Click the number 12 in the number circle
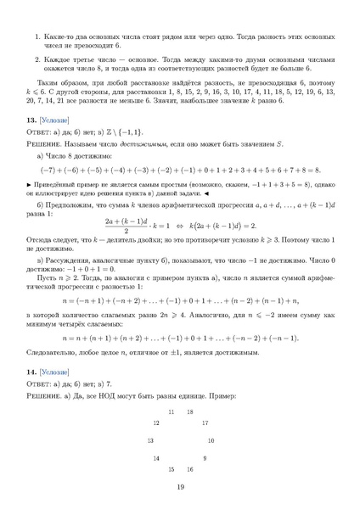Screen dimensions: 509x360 [x=155, y=422]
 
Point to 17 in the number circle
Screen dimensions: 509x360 [x=204, y=422]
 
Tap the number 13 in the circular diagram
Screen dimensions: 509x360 [x=149, y=440]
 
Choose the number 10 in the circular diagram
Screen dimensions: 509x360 [x=210, y=440]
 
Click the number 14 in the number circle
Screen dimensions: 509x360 [x=155, y=458]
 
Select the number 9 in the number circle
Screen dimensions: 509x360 [x=204, y=458]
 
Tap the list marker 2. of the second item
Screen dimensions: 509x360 [x=37, y=60]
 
